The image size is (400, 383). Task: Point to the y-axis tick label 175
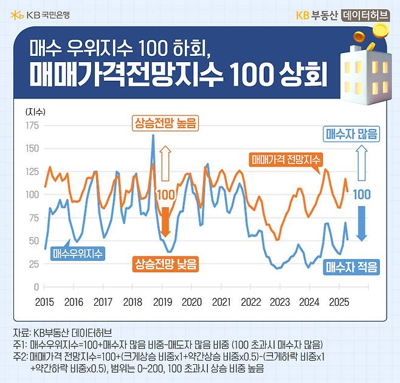pyautogui.click(x=32, y=125)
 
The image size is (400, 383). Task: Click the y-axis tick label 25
pyautogui.click(x=34, y=263)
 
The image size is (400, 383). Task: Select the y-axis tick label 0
pyautogui.click(x=36, y=286)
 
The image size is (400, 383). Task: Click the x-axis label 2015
pyautogui.click(x=44, y=302)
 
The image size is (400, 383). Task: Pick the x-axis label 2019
pyautogui.click(x=162, y=302)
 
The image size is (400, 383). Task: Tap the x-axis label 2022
pyautogui.click(x=250, y=302)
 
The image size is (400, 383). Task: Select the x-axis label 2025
pyautogui.click(x=339, y=302)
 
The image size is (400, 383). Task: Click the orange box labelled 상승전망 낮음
pyautogui.click(x=166, y=264)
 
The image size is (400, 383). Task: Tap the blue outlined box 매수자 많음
pyautogui.click(x=352, y=133)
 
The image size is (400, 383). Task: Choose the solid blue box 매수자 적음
pyautogui.click(x=352, y=266)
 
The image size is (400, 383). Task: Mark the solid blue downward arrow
pyautogui.click(x=362, y=223)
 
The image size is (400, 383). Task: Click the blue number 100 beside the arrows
pyautogui.click(x=362, y=195)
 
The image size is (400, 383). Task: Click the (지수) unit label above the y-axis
pyautogui.click(x=35, y=111)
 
